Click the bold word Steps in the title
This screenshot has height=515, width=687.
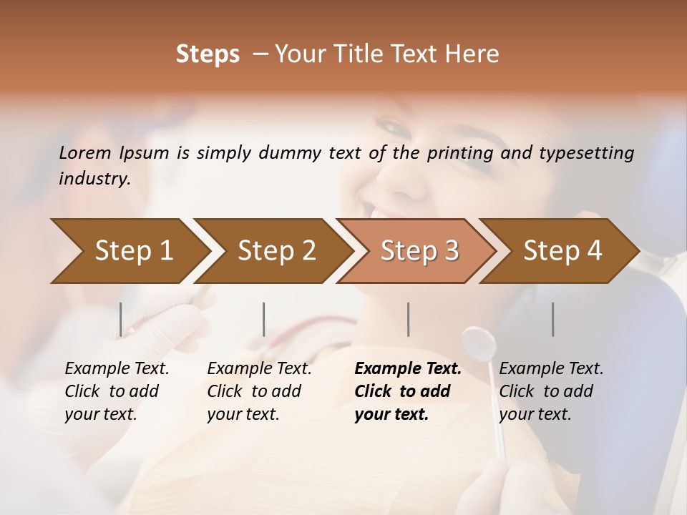[x=208, y=54]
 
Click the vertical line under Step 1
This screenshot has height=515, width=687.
[x=121, y=319]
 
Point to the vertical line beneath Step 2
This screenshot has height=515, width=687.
[x=264, y=319]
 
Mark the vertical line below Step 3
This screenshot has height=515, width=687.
[x=409, y=319]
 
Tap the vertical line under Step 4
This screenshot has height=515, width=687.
[x=553, y=319]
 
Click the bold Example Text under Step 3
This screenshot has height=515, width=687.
[x=407, y=391]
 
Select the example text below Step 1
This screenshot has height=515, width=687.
[x=117, y=391]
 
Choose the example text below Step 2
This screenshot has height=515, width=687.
[x=259, y=391]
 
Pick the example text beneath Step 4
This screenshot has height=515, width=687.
[x=551, y=391]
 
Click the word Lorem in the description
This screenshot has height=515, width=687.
[x=85, y=153]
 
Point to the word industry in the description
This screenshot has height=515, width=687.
[x=94, y=179]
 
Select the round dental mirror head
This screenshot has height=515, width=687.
[x=479, y=344]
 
